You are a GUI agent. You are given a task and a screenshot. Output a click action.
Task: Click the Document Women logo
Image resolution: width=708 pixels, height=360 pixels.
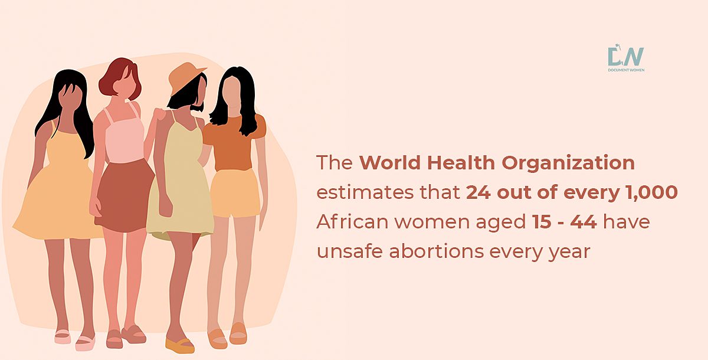coord(626,58)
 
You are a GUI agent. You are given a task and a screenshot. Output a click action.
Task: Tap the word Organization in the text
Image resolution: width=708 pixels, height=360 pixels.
coord(568,163)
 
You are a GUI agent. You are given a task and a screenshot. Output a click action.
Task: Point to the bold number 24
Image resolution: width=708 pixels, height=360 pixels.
coord(478,192)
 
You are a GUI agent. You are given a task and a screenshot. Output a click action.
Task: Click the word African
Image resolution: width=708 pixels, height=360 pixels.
coord(352,221)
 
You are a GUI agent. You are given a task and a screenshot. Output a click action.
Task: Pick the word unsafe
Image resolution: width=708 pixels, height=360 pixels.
coord(349,251)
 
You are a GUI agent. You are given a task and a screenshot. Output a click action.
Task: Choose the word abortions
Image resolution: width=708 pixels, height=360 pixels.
coord(437,251)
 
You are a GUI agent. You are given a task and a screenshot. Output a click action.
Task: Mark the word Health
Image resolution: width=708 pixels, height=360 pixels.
coord(461,163)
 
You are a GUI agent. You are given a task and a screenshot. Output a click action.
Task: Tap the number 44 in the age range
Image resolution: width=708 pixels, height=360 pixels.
coord(584,221)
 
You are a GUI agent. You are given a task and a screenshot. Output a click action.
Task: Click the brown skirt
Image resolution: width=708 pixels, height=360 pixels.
coord(125,196)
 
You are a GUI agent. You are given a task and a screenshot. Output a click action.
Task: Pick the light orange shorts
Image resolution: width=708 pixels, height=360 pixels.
coord(235,194)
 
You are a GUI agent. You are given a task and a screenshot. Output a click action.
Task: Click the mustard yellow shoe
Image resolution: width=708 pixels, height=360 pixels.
coord(179,345)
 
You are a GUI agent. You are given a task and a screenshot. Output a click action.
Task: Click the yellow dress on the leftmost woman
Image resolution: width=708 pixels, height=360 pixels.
coord(57,189)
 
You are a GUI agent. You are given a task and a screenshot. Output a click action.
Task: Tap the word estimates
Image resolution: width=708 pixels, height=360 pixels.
coord(365,192)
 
